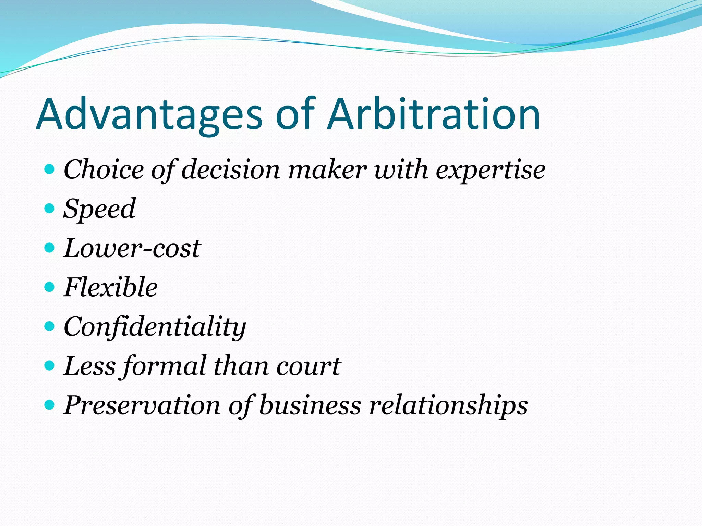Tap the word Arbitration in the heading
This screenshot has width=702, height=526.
(434, 114)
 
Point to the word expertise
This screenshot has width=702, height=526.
(490, 170)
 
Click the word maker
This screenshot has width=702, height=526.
(327, 170)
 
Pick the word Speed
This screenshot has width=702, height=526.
(99, 209)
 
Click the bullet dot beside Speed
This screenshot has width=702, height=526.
(50, 208)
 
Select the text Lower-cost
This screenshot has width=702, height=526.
(132, 248)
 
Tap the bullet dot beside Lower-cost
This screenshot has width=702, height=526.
(50, 247)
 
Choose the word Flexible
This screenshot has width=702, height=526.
(110, 287)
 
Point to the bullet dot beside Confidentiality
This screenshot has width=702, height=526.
(50, 326)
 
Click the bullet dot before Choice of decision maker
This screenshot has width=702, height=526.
(50, 169)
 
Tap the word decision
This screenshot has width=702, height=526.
(230, 170)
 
